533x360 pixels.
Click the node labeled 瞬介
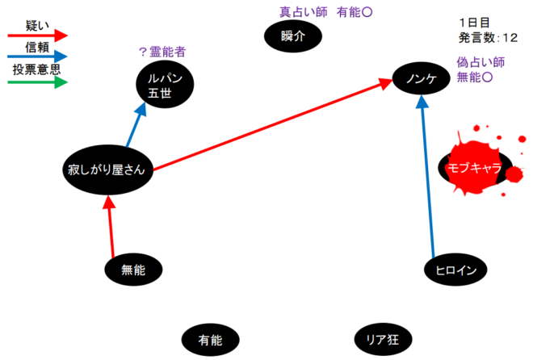293,36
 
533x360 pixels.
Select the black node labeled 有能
210,340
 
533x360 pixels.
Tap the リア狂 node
383,340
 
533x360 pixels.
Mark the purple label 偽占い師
481,61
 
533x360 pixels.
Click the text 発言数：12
488,37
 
